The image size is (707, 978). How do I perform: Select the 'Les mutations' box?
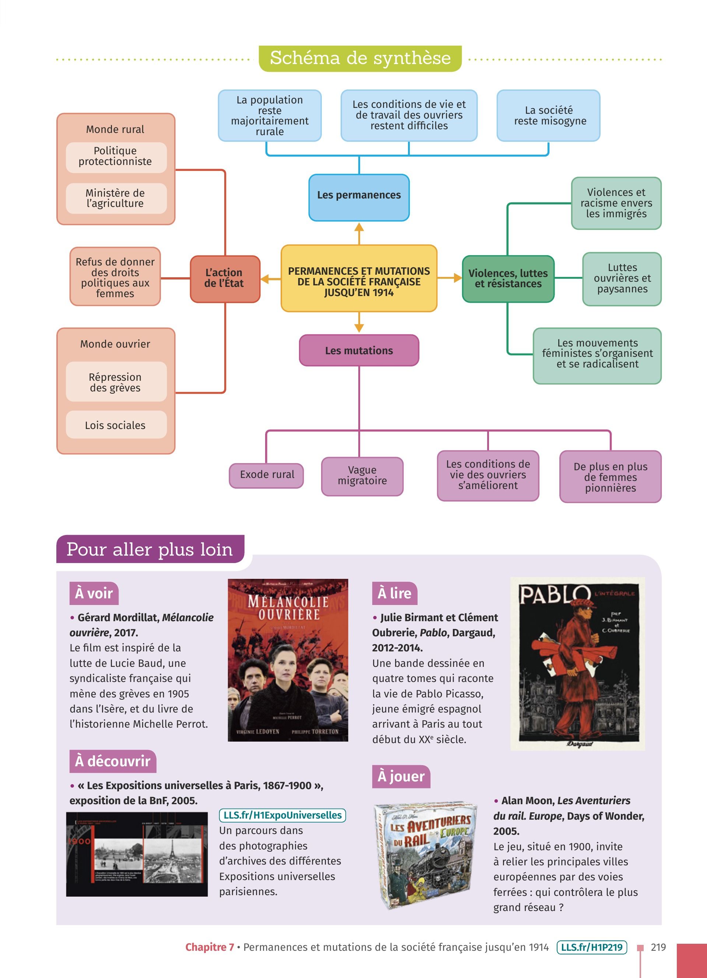pyautogui.click(x=359, y=350)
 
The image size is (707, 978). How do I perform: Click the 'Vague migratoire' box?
pyautogui.click(x=362, y=476)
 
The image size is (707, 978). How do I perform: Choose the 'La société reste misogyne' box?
pyautogui.click(x=548, y=116)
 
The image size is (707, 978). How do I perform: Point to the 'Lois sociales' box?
pyautogui.click(x=116, y=425)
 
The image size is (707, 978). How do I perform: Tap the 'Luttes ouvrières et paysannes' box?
pyautogui.click(x=622, y=279)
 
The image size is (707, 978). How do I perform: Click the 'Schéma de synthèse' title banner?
pyautogui.click(x=360, y=58)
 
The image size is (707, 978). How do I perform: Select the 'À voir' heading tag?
pyautogui.click(x=94, y=593)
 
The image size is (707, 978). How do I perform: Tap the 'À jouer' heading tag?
pyautogui.click(x=401, y=776)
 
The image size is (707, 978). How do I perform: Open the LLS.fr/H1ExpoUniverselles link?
pyautogui.click(x=282, y=815)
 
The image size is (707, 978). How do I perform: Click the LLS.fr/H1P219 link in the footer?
pyautogui.click(x=591, y=947)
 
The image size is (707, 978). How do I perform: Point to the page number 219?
pyautogui.click(x=658, y=947)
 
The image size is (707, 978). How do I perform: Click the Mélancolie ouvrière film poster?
pyautogui.click(x=288, y=660)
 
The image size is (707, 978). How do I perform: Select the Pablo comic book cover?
pyautogui.click(x=578, y=664)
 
